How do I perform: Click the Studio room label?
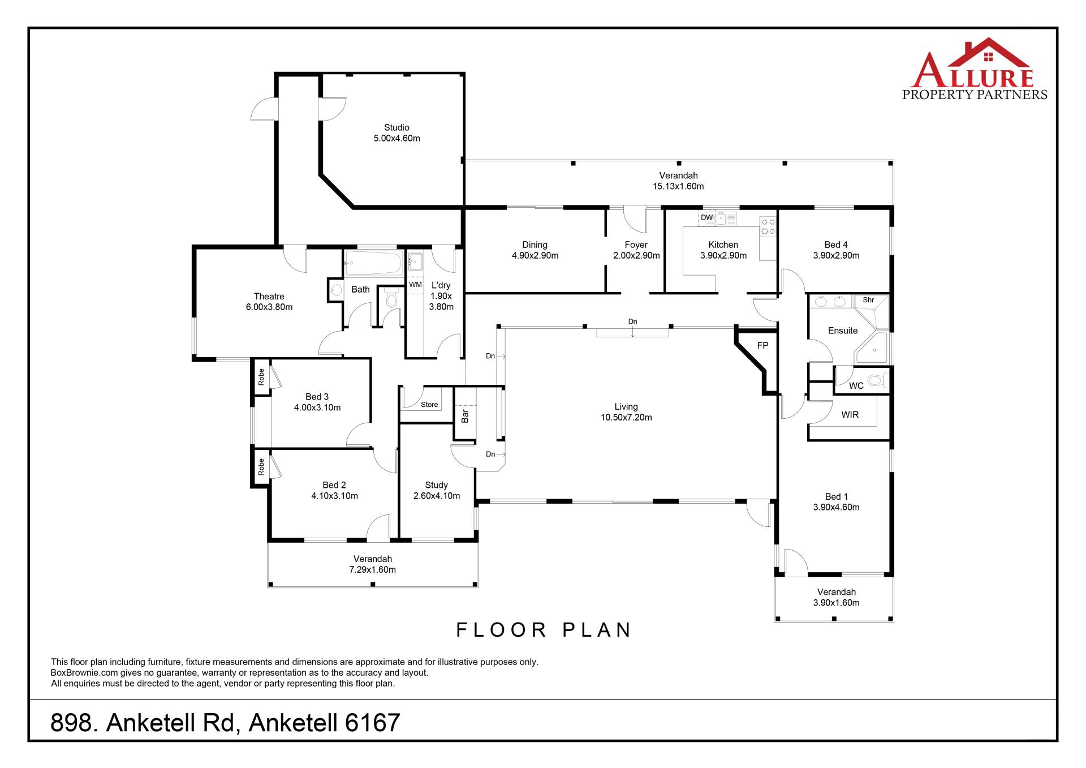[397, 128]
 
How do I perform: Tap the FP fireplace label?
[762, 345]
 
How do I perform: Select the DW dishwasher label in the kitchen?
[706, 217]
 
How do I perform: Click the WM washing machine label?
[415, 285]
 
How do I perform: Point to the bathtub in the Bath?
[373, 263]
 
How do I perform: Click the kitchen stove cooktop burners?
[768, 226]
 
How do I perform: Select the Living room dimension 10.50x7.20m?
[626, 418]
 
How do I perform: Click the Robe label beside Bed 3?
[261, 377]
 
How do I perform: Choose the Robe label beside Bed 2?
[261, 467]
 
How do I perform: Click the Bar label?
[465, 417]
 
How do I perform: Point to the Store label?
[429, 405]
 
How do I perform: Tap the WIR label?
[850, 415]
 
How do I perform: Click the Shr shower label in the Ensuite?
[868, 300]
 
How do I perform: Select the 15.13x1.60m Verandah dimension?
[678, 186]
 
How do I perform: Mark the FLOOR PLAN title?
[544, 630]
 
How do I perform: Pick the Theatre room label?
[269, 297]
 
